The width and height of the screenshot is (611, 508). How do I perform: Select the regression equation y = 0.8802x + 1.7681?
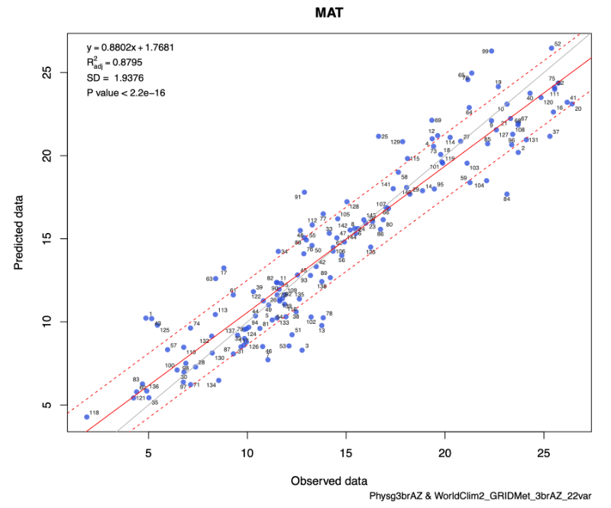coord(131,47)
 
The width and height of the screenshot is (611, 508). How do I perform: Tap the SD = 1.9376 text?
coord(115,78)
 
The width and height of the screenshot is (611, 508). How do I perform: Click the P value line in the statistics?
coord(126,93)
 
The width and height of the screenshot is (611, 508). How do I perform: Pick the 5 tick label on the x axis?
coord(149,454)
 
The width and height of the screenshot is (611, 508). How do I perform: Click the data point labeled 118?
coord(87,416)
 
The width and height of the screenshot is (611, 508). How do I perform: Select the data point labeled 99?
coord(491,51)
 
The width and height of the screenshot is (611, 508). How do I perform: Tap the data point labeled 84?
coord(506,194)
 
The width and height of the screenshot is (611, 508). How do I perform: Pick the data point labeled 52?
coord(551,48)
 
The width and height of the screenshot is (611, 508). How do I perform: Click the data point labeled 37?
coord(549,136)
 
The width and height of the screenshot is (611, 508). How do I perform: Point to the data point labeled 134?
coord(218,380)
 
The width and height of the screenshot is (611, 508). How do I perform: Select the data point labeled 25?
coord(378,136)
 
